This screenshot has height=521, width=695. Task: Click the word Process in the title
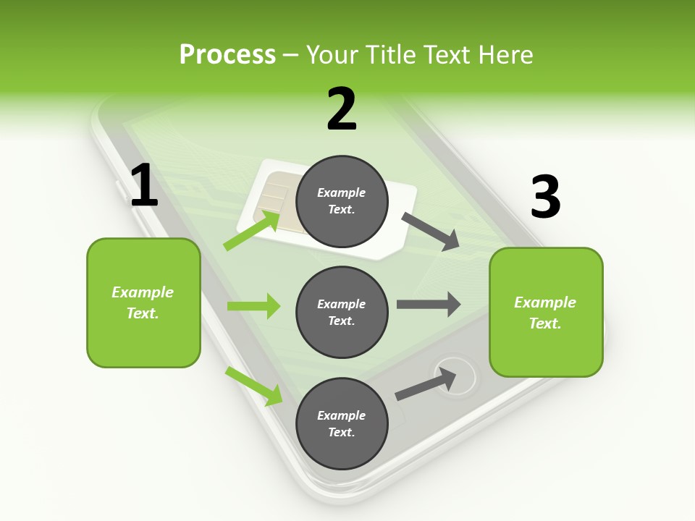pyautogui.click(x=227, y=55)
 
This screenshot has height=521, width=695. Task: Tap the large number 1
pyautogui.click(x=144, y=186)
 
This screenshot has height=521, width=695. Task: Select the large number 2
pyautogui.click(x=342, y=109)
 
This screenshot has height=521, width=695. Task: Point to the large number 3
pyautogui.click(x=545, y=197)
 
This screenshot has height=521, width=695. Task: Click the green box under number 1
pyautogui.click(x=143, y=302)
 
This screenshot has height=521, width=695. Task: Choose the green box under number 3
pyautogui.click(x=546, y=312)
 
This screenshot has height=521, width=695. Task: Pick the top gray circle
pyautogui.click(x=342, y=201)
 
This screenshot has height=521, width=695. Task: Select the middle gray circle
pyautogui.click(x=342, y=312)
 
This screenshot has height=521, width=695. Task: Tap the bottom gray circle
pyautogui.click(x=342, y=423)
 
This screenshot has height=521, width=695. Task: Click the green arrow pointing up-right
pyautogui.click(x=252, y=231)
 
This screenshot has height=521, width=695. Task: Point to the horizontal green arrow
pyautogui.click(x=253, y=306)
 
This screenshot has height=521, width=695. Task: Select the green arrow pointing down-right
pyautogui.click(x=254, y=386)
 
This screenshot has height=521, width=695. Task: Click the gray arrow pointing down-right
pyautogui.click(x=431, y=232)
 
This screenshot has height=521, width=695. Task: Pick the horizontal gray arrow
pyautogui.click(x=429, y=304)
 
